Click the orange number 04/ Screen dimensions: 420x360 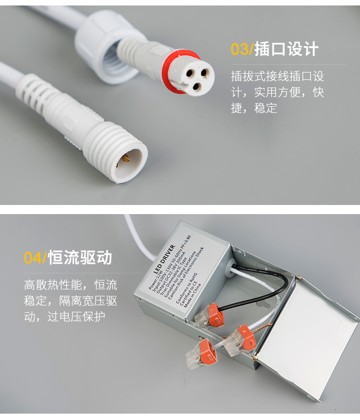click(x=35, y=258)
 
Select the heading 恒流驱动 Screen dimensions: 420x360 click(x=80, y=258)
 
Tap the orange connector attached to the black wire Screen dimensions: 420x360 click(x=211, y=314)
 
